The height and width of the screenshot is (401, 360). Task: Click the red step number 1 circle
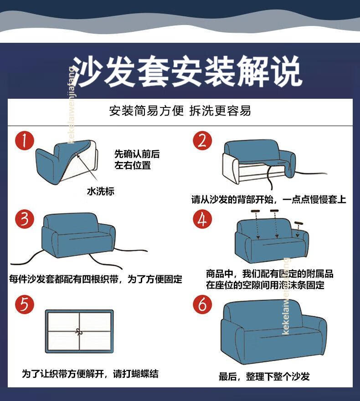(x=24, y=142)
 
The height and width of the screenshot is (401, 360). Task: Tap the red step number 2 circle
(x=202, y=141)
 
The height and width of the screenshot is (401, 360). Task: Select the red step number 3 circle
(x=24, y=220)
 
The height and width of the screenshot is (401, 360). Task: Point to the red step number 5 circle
(x=24, y=304)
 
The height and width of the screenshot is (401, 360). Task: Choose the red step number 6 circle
(x=202, y=304)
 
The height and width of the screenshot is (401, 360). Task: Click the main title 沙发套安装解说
(x=187, y=72)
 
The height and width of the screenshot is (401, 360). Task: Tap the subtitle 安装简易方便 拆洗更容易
(x=180, y=111)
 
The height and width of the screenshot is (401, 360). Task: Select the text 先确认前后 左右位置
(x=137, y=160)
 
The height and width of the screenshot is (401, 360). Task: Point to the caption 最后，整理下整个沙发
(x=264, y=376)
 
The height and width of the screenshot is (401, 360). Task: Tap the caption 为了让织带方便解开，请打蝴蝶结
(x=90, y=374)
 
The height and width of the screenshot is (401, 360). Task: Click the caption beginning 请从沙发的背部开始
(x=268, y=199)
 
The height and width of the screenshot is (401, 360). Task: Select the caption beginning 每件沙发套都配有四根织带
(x=96, y=279)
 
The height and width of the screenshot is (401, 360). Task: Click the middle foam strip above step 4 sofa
(x=274, y=211)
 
